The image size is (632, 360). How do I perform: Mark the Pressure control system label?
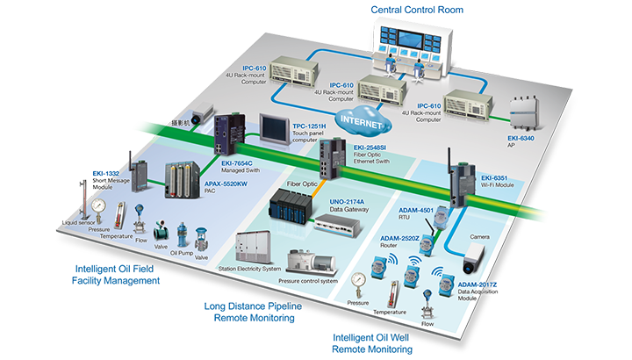point(308,281)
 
